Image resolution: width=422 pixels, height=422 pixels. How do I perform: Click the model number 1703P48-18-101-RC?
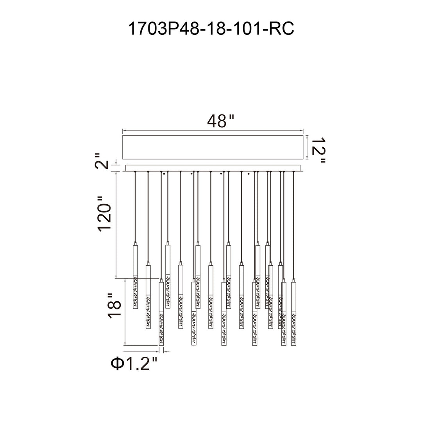pyautogui.click(x=211, y=29)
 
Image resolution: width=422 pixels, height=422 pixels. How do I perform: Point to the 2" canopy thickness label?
pyautogui.click(x=102, y=161)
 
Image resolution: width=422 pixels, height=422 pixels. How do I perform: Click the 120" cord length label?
pyautogui.click(x=104, y=214)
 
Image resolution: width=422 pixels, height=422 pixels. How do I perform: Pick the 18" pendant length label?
pyautogui.click(x=114, y=306)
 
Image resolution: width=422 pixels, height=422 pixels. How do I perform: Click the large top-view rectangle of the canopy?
pyautogui.click(x=213, y=147)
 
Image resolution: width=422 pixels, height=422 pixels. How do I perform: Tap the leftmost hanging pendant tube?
pyautogui.click(x=135, y=276)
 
